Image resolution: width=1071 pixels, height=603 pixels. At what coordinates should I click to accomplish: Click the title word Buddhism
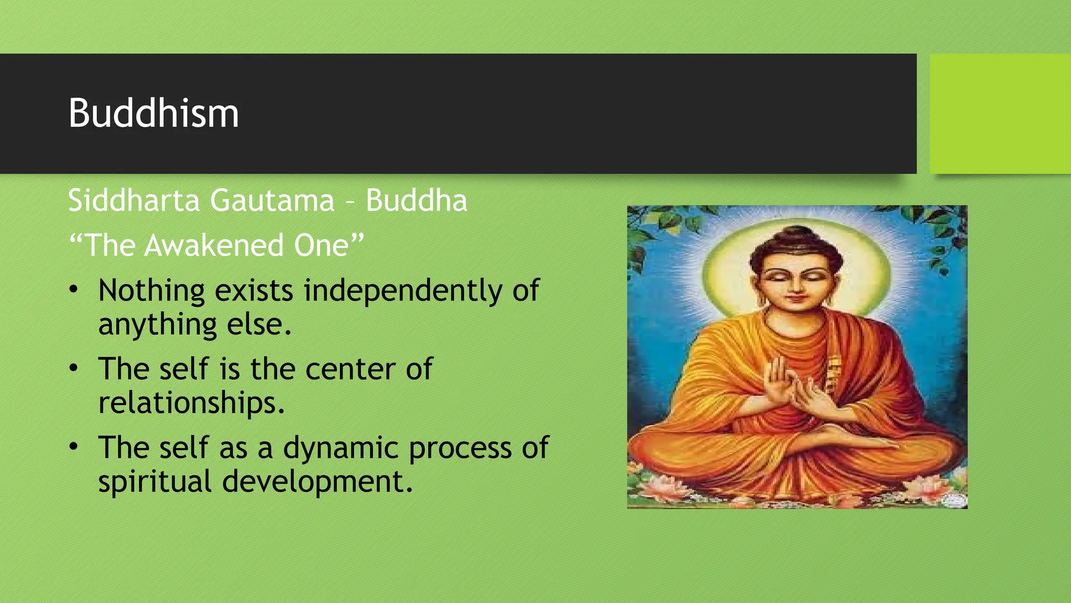point(153,113)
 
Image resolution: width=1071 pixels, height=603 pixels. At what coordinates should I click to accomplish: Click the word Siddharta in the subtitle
point(134,200)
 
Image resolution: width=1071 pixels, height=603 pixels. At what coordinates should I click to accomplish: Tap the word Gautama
point(272,200)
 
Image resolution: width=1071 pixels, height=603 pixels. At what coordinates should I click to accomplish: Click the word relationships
point(191,403)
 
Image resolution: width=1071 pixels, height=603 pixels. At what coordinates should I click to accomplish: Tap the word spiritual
point(155,482)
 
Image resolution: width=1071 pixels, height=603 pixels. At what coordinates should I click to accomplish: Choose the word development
point(317,482)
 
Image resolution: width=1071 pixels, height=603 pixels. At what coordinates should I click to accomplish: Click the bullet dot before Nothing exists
point(74,289)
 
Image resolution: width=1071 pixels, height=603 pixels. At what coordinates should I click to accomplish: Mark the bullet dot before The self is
point(74,368)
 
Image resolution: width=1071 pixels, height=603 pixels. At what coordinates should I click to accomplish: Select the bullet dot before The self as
point(74,446)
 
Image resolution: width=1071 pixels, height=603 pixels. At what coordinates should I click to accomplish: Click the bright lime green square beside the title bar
point(1000,114)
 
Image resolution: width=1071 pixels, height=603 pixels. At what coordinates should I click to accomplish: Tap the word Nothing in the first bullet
point(152,291)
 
